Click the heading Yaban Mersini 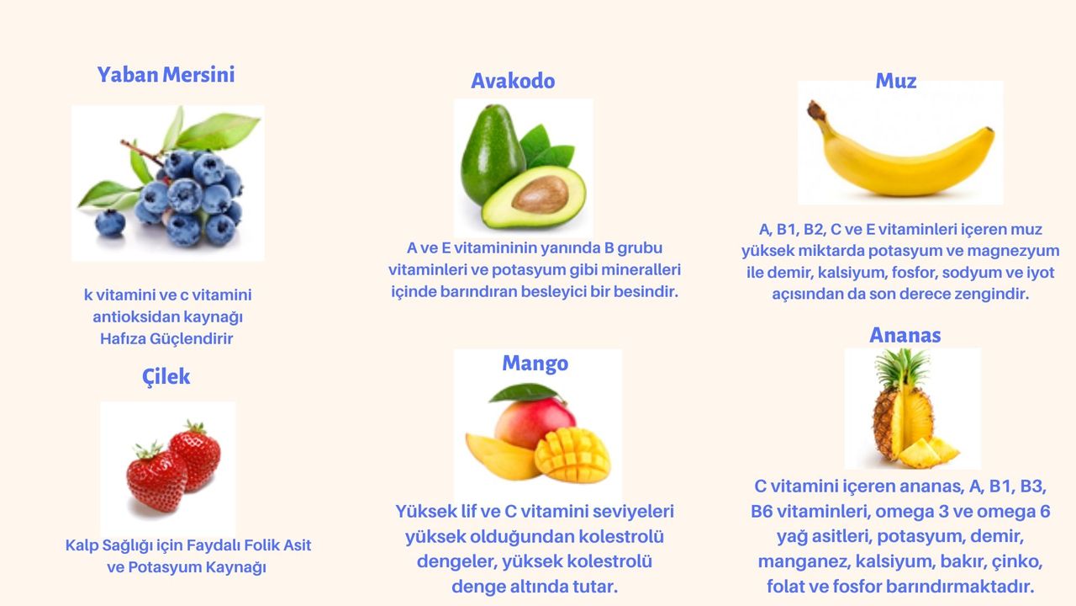[x=166, y=75]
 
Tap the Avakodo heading [x=513, y=81]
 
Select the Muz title [x=895, y=81]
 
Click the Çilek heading [x=166, y=376]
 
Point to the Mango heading [x=535, y=363]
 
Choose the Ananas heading [x=905, y=335]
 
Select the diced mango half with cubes [x=572, y=454]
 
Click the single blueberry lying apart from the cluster [x=110, y=223]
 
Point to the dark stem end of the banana [x=815, y=110]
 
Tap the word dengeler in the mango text [x=455, y=561]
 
